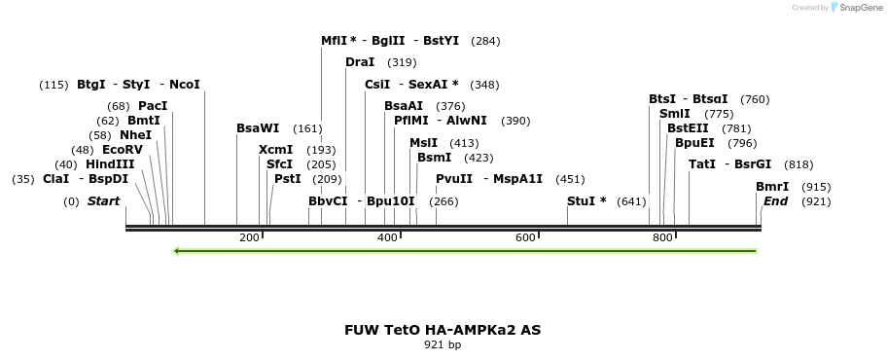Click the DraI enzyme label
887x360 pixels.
[360, 62]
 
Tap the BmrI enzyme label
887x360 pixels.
[772, 187]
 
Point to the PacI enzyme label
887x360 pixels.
[153, 105]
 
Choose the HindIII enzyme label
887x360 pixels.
[110, 164]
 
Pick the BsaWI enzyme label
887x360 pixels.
[258, 127]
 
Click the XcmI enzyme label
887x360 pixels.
[275, 150]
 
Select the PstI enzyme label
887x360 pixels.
[287, 179]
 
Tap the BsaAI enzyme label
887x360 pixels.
[404, 105]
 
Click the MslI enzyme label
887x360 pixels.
[423, 142]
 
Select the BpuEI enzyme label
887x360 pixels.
[694, 142]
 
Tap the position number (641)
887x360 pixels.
[631, 201]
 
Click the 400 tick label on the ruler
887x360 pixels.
[387, 237]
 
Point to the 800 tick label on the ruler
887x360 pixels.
[662, 237]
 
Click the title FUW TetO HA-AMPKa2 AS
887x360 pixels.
[443, 330]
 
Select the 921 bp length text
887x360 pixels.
[443, 344]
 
